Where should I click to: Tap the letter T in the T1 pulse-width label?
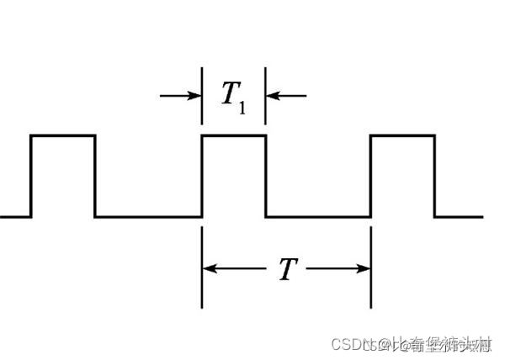tap(229, 95)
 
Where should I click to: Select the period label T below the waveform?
tap(286, 269)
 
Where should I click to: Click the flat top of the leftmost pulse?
tap(63, 135)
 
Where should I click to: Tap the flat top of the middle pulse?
tap(234, 135)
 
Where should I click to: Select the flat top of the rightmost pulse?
tap(402, 135)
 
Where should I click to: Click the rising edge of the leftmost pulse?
tap(31, 175)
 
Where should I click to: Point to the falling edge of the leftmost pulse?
tap(95, 175)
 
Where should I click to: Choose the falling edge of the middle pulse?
tap(266, 175)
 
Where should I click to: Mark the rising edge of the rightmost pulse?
tap(371, 175)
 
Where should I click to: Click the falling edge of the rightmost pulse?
tap(434, 175)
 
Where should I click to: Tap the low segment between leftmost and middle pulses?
tap(148, 216)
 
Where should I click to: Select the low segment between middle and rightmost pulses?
tap(318, 216)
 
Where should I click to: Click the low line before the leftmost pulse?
tap(15, 216)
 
